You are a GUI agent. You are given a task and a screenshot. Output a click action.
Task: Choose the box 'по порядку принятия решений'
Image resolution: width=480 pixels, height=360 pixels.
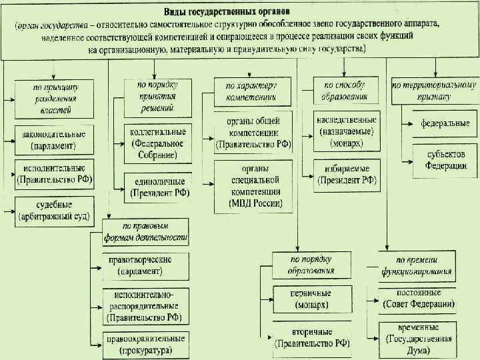click(157, 95)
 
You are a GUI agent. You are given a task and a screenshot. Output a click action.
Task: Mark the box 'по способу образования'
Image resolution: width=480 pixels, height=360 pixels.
click(345, 91)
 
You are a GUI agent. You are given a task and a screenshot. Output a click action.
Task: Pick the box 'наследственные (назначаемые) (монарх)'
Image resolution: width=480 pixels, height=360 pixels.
click(347, 129)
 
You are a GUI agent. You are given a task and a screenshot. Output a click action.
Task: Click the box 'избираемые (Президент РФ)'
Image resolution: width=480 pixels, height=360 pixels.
click(347, 174)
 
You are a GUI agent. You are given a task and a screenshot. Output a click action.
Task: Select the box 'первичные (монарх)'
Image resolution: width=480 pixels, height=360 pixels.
click(311, 299)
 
